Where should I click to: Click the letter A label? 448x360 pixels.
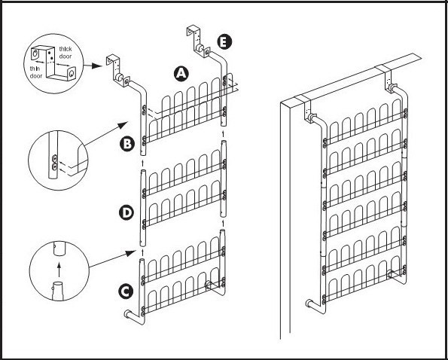coord(181,74)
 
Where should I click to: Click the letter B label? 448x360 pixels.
coord(126,144)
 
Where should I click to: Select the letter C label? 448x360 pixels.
coord(126,292)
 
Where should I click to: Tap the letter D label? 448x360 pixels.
coord(126,213)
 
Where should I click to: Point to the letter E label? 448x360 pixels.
coord(224,42)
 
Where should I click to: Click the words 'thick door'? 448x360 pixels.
coord(66,53)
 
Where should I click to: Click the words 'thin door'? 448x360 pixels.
coord(36,72)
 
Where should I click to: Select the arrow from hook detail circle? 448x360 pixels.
coord(93,66)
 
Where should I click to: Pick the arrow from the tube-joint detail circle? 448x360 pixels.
coord(112,259)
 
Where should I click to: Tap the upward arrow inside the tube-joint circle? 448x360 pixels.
coord(59,270)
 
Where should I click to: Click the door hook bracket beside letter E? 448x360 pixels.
coord(198,39)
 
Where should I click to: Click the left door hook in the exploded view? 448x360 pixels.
coord(117,71)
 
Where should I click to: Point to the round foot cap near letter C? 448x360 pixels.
coord(127,314)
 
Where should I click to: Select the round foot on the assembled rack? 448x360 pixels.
coord(309,303)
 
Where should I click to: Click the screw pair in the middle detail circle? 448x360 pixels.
coord(54,163)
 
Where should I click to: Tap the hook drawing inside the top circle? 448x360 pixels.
coord(53,63)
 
